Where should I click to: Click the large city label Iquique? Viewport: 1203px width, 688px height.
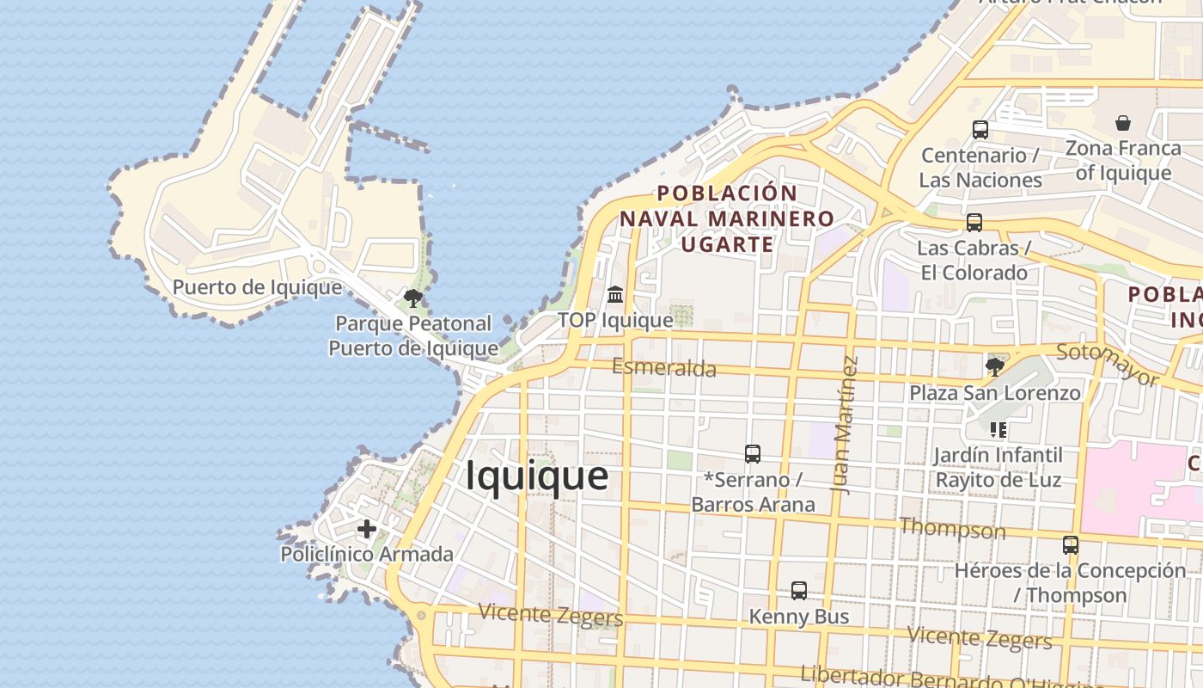(537, 476)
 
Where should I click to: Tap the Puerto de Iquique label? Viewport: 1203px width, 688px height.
(257, 286)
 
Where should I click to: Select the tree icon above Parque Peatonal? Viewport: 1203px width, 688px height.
(413, 298)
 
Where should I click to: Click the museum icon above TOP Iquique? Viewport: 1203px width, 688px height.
(615, 295)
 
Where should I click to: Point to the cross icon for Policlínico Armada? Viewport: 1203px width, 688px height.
(367, 528)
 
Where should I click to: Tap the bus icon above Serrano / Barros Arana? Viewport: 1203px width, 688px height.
(753, 453)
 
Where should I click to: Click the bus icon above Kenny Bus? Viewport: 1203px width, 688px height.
(799, 591)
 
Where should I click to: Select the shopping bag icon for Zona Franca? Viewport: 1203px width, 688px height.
(1123, 124)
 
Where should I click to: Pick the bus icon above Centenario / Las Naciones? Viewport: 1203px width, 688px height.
(980, 130)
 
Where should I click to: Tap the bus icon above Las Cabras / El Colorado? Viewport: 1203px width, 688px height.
(974, 223)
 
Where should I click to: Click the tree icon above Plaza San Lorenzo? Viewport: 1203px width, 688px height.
(995, 367)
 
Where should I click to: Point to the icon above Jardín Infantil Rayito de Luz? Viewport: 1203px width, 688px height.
(998, 429)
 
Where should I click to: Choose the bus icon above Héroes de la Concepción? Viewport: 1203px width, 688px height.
(1071, 544)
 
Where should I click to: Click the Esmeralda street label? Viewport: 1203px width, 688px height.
(664, 368)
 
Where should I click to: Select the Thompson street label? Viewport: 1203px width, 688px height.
(952, 528)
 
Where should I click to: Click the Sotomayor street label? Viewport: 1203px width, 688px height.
(1108, 365)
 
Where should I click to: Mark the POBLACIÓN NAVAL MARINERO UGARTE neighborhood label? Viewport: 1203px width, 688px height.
(727, 218)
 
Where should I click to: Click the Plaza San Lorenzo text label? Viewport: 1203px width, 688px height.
(995, 393)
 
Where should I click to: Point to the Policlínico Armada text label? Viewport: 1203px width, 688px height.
(367, 554)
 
